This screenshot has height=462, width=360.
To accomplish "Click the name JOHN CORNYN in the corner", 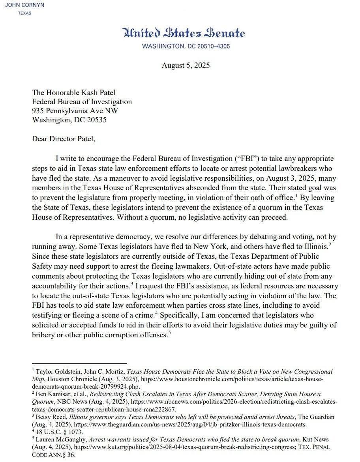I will pos(24,5).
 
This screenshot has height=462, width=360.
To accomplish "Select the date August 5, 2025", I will pos(186,65).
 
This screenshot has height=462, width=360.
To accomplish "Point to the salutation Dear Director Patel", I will pos(64,139).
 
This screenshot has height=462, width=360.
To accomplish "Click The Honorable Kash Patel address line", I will pos(73,93).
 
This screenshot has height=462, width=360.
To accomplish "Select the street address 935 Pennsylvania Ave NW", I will pos(75,111).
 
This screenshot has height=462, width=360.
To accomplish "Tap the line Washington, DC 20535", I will pos(69,120).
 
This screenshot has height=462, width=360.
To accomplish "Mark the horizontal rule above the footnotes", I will pos(79,364).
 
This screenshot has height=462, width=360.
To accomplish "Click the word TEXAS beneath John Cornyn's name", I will pos(25,13).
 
